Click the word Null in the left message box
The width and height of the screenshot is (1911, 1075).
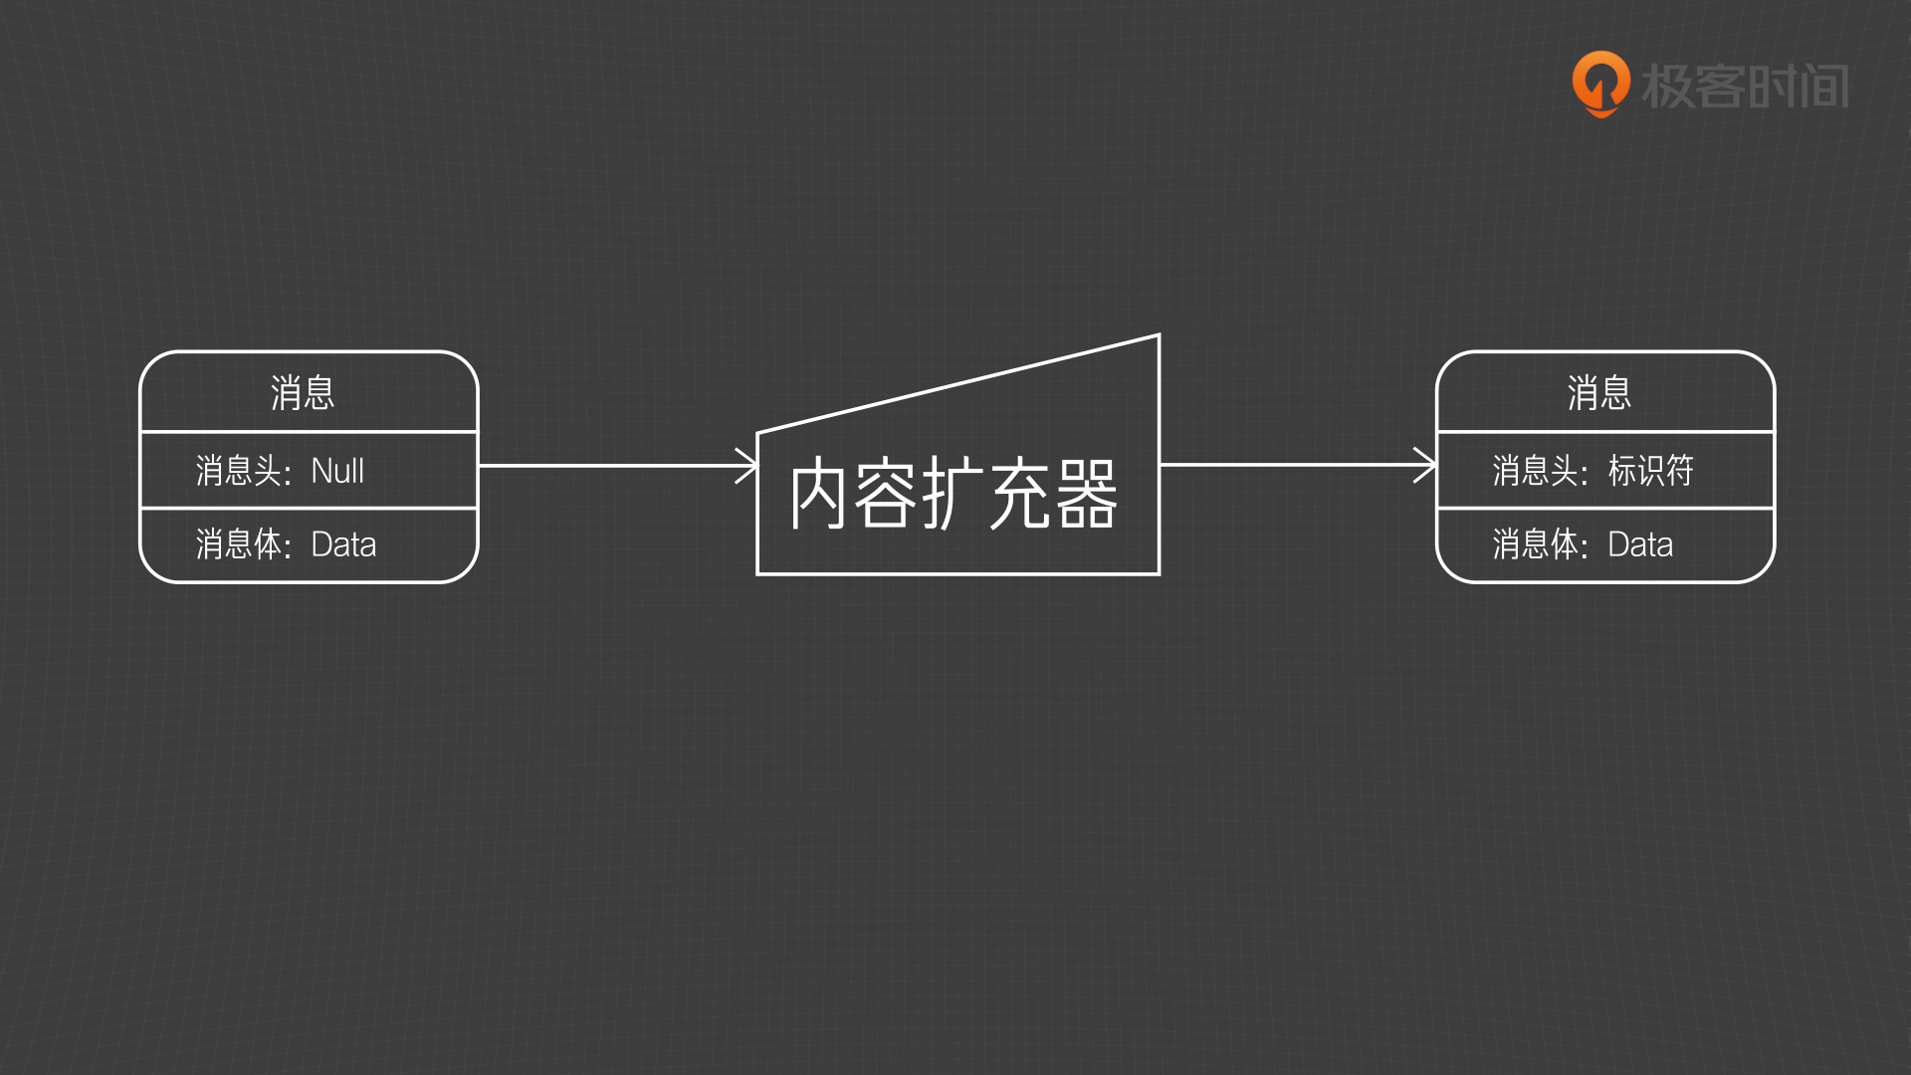337,471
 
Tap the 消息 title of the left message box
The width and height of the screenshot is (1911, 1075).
303,393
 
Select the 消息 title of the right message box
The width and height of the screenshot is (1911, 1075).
1599,393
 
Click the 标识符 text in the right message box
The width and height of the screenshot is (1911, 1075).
1650,471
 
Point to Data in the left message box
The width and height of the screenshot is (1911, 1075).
343,545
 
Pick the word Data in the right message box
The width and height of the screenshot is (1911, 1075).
1640,545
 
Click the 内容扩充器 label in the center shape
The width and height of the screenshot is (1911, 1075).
954,495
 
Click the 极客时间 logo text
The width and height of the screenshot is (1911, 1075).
1745,87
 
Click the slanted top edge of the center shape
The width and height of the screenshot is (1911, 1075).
958,384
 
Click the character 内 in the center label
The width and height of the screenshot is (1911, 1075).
818,495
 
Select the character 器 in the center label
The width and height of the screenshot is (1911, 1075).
1087,495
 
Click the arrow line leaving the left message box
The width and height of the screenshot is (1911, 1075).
607,466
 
